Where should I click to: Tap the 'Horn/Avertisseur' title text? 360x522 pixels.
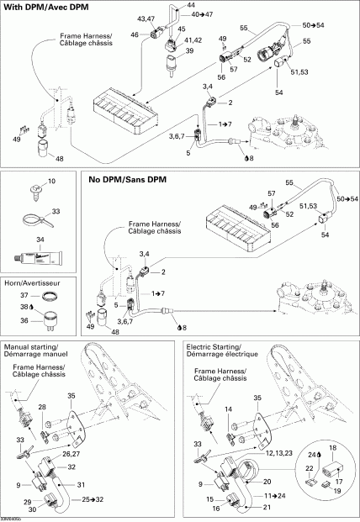click(34, 282)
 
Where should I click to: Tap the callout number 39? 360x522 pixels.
click(188, 51)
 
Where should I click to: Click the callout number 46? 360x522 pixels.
click(135, 34)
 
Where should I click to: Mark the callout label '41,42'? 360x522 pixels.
click(193, 40)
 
